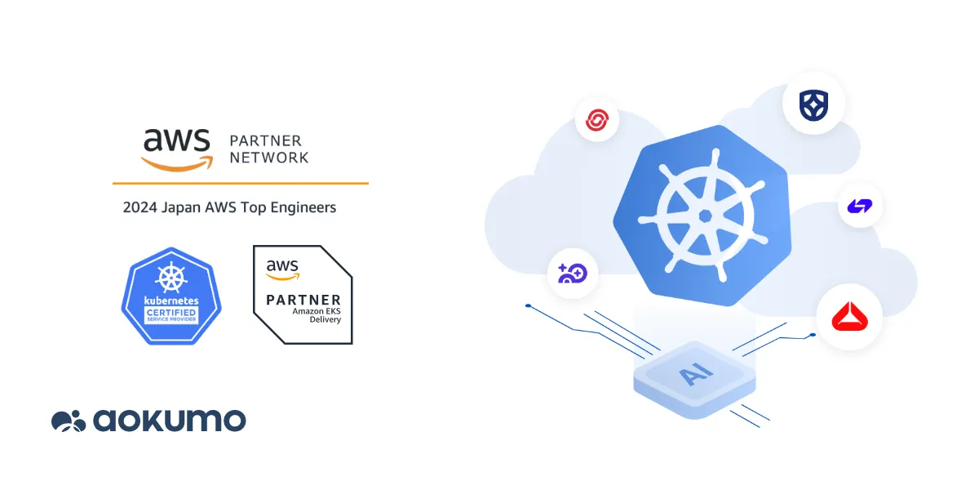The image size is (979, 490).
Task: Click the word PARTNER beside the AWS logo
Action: coord(266,140)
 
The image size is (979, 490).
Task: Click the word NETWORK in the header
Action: coord(269,158)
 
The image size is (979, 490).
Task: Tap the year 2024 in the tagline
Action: coord(139,207)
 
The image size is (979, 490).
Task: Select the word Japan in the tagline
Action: coord(179,207)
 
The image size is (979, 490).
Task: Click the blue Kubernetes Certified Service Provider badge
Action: coord(171,296)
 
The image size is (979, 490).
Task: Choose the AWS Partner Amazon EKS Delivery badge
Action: coord(303,294)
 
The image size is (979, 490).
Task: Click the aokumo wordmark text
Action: coord(169,421)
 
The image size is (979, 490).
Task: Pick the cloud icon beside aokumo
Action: coord(69,421)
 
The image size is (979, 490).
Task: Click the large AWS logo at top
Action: coord(176,147)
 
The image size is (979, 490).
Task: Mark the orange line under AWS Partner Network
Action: coord(240,183)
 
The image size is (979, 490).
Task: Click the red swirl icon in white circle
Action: coord(597,121)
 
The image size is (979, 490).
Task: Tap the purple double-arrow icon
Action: coord(860,207)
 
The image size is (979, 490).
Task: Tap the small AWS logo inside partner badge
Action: coord(283,268)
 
